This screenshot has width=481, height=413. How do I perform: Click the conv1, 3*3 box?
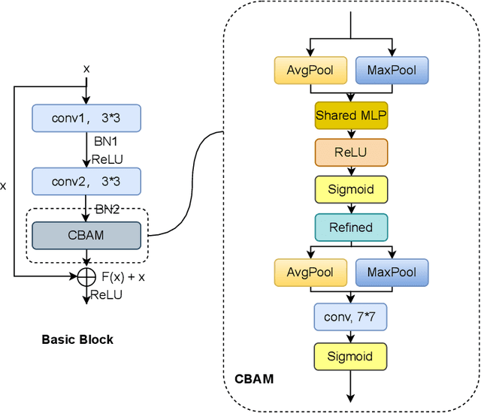click(x=86, y=118)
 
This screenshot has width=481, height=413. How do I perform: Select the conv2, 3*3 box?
click(x=86, y=181)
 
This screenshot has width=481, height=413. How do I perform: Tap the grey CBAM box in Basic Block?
click(x=86, y=235)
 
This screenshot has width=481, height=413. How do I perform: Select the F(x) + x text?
click(x=123, y=277)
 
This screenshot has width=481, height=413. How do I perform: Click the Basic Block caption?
click(x=77, y=339)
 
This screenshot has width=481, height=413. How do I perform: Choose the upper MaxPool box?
click(x=392, y=71)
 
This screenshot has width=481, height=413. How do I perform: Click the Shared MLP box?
click(x=351, y=116)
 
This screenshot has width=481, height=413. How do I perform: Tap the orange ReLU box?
click(x=351, y=152)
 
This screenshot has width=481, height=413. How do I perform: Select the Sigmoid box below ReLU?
click(x=351, y=189)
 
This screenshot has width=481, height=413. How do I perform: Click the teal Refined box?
click(x=351, y=227)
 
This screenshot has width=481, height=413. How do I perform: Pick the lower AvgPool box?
click(x=310, y=271)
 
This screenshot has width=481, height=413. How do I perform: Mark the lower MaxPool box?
click(x=392, y=271)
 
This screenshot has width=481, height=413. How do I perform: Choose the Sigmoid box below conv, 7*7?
click(x=351, y=357)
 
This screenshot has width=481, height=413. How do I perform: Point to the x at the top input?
click(x=86, y=68)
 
